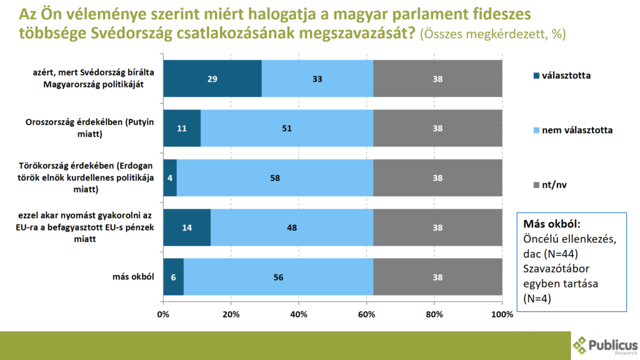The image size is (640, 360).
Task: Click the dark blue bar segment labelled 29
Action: pos(212,79)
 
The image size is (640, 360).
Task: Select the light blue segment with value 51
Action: pos(287,128)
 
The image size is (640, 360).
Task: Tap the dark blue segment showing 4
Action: pos(170,178)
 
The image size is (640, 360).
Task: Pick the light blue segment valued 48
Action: pos(292,227)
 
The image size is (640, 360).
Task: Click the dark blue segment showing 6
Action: pos(174,277)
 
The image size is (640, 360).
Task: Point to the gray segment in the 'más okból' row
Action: pos(437,277)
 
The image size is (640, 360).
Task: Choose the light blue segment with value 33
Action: pos(317,79)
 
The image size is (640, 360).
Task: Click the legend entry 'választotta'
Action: pos(562,76)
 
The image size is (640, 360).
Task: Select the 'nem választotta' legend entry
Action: pos(573,130)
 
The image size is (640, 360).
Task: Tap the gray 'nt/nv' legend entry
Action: pos(550,185)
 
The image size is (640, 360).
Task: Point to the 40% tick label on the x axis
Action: pos(299,315)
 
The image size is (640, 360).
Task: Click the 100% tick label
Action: pos(502,315)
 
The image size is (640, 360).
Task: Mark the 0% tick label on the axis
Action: pos(163,315)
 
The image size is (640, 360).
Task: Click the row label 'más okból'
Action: pos(133,277)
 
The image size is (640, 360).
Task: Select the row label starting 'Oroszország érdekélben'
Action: pos(90,127)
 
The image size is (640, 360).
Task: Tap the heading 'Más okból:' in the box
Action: pos(551,224)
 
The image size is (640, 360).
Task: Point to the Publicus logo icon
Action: pos(579,345)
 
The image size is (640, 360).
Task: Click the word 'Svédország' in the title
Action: pos(131,33)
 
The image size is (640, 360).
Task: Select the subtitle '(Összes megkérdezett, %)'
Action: pos(493,34)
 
